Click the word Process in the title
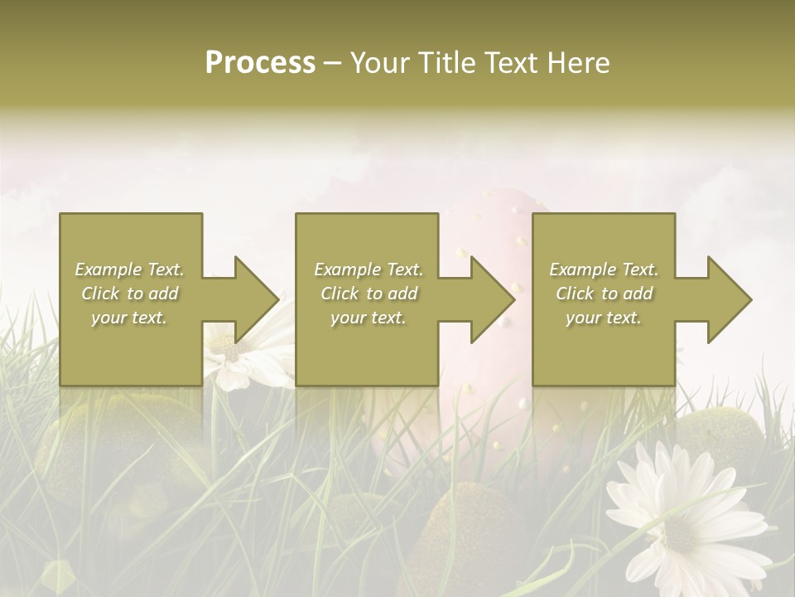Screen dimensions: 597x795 260,63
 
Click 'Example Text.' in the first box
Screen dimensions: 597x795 130,269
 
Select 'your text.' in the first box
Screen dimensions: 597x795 130,318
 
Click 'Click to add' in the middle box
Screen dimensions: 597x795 369,294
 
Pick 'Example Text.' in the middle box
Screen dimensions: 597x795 369,269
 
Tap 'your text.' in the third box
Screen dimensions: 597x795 604,318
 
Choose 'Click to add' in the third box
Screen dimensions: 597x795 604,294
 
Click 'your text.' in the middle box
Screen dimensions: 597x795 369,318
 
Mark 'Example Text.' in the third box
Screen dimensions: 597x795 604,269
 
